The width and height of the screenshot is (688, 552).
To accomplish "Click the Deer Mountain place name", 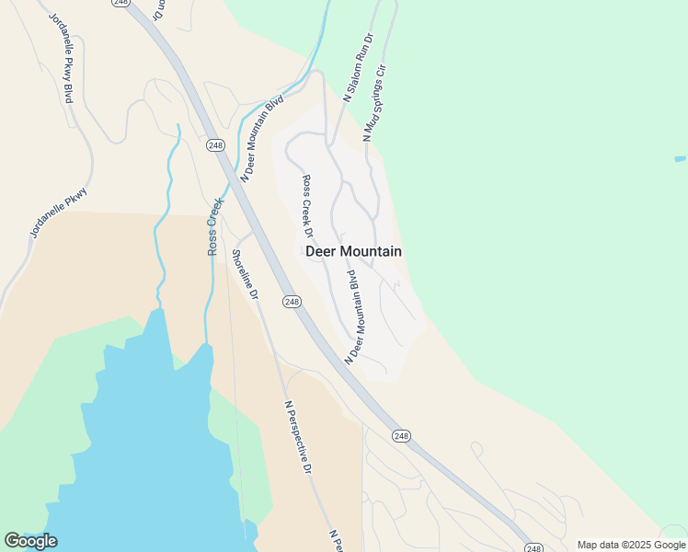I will (x=352, y=251).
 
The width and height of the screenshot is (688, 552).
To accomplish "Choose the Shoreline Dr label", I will (x=245, y=274).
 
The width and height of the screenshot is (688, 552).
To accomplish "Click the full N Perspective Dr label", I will (x=298, y=436).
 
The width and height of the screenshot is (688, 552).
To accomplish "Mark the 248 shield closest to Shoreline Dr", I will (x=292, y=302).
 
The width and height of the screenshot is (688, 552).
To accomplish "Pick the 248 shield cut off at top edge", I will (x=121, y=3).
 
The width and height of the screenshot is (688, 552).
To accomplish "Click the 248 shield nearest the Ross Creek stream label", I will (x=215, y=145).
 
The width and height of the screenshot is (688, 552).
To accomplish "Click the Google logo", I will (x=30, y=541).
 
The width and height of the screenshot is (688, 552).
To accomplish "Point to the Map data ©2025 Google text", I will (x=631, y=545).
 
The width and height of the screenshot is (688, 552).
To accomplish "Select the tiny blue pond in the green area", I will (x=680, y=158).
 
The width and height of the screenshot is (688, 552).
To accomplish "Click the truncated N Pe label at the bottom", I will (x=336, y=541).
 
